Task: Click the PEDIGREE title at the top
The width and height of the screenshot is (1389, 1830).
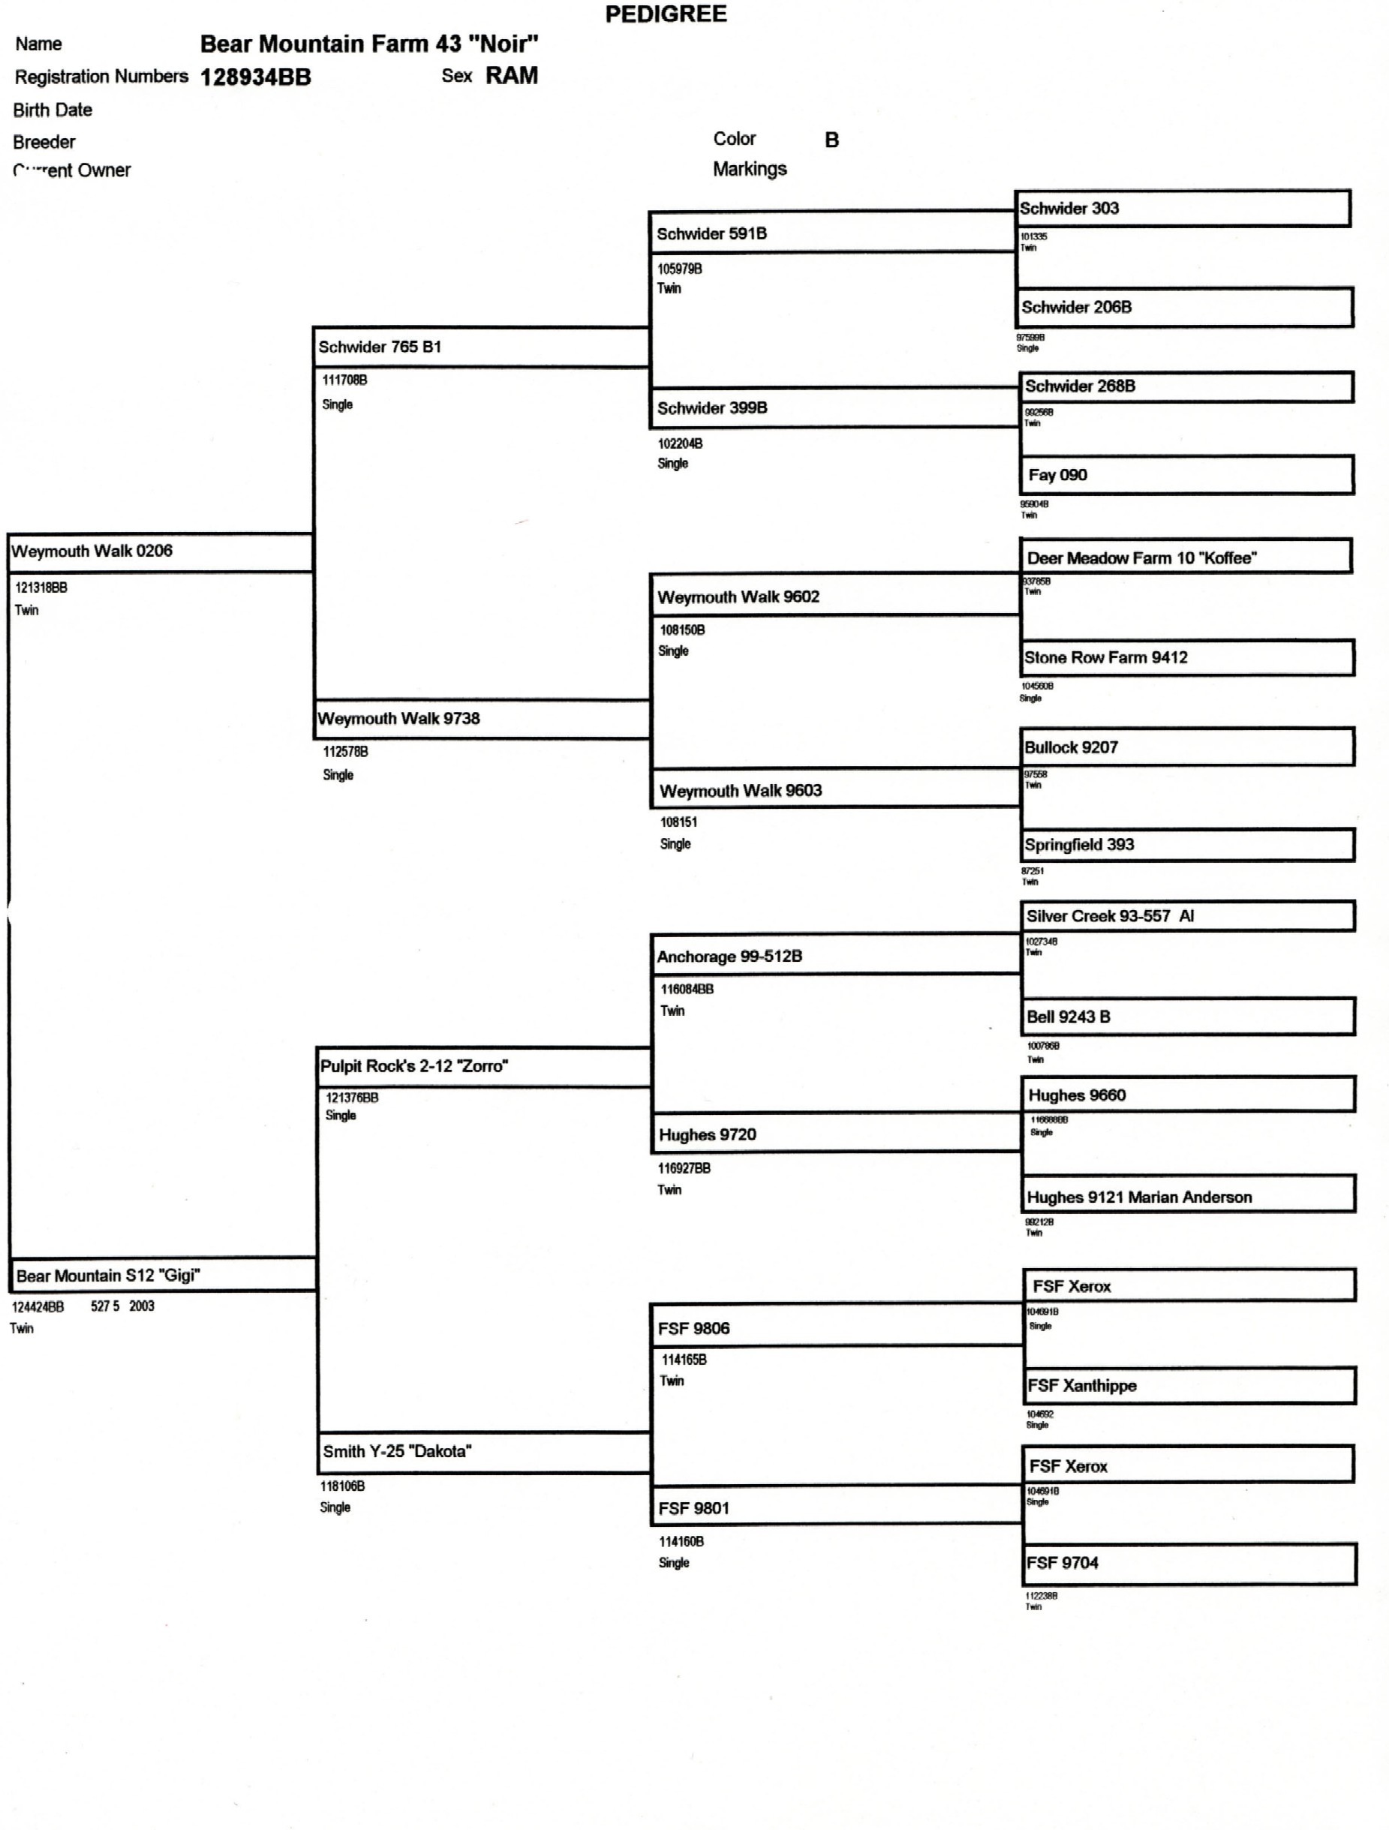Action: pyautogui.click(x=666, y=14)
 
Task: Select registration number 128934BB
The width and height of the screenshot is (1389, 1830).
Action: pyautogui.click(x=256, y=77)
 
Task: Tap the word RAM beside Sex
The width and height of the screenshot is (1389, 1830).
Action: pyautogui.click(x=511, y=75)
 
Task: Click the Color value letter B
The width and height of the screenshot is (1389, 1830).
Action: pyautogui.click(x=831, y=140)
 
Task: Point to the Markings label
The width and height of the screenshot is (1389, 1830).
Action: pyautogui.click(x=750, y=169)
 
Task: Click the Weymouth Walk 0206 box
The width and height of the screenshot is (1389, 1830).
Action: pyautogui.click(x=160, y=551)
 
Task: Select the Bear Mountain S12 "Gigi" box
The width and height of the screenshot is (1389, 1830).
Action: pyautogui.click(x=162, y=1275)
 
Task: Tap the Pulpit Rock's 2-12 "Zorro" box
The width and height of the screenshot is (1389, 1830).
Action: pyautogui.click(x=483, y=1066)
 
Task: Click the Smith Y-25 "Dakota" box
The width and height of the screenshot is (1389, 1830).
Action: pyautogui.click(x=484, y=1452)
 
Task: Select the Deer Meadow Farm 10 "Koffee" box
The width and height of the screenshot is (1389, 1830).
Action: pyautogui.click(x=1185, y=557)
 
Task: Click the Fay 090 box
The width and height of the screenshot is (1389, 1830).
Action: pyautogui.click(x=1186, y=475)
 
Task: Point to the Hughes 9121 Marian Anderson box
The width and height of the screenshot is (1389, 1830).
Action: pyautogui.click(x=1188, y=1195)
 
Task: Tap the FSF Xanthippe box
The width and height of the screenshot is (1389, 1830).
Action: pyautogui.click(x=1189, y=1386)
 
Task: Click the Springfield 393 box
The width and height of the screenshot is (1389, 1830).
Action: pyautogui.click(x=1186, y=845)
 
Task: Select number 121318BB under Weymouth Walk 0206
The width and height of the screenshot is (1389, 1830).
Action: pyautogui.click(x=41, y=587)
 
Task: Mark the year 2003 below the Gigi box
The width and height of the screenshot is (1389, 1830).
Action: pyautogui.click(x=142, y=1306)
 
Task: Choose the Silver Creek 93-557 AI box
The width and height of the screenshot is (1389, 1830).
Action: pyautogui.click(x=1187, y=916)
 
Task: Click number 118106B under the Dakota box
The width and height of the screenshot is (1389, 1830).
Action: pyautogui.click(x=342, y=1486)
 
